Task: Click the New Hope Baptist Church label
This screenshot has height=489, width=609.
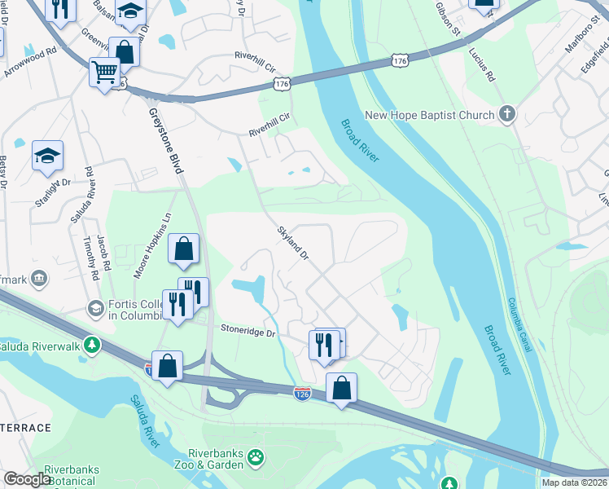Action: [429, 115]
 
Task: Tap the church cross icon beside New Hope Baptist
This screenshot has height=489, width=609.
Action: [507, 113]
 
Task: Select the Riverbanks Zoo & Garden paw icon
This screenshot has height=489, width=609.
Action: [256, 456]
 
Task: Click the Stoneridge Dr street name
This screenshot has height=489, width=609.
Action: [248, 332]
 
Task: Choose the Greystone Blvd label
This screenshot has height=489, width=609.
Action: [166, 142]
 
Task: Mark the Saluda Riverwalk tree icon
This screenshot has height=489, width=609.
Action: [93, 346]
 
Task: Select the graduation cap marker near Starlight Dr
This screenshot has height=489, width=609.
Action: [47, 155]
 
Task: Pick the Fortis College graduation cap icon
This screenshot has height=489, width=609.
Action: [95, 308]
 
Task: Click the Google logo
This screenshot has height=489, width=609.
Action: [27, 479]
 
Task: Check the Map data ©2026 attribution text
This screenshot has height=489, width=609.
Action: [574, 482]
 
